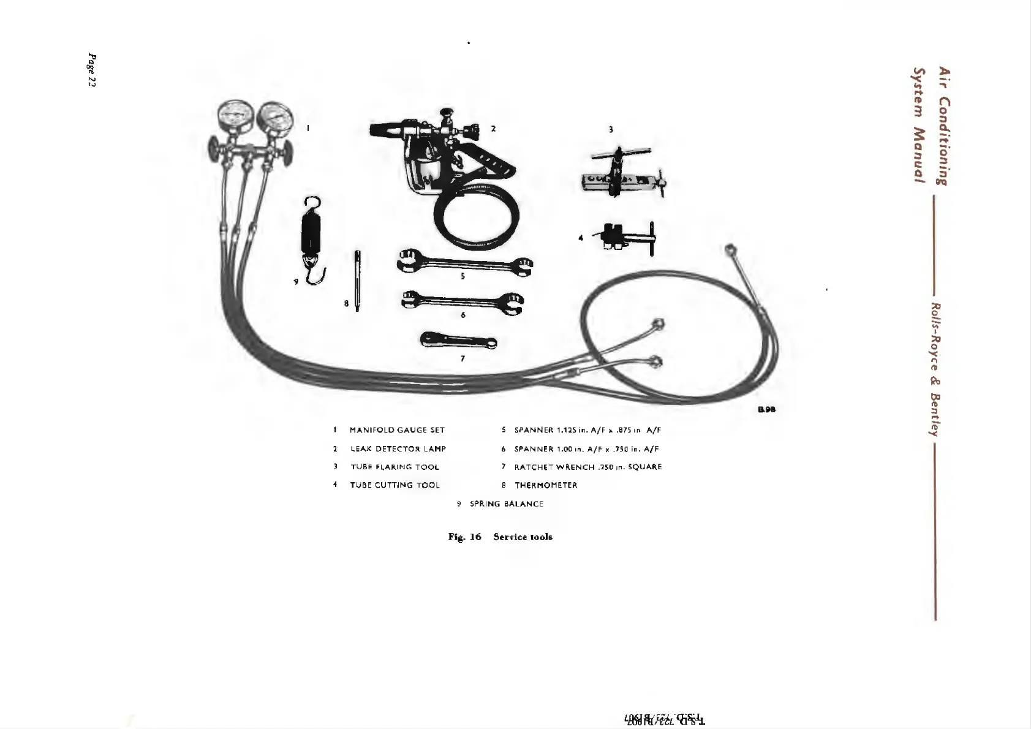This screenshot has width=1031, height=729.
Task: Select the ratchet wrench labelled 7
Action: pos(458,341)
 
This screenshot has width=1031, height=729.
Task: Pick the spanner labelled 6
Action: pos(463,300)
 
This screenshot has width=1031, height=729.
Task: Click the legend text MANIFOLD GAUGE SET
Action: pos(397,430)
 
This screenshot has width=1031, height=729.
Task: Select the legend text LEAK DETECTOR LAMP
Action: pos(398,449)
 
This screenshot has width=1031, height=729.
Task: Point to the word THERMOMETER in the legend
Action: pos(546,485)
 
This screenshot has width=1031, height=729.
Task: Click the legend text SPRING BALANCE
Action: pos(507,504)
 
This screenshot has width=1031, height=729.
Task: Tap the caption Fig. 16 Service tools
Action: pos(500,537)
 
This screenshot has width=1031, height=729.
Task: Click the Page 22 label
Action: pos(92,70)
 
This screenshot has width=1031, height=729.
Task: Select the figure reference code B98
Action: pos(766,410)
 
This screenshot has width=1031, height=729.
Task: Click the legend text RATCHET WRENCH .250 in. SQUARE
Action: pos(588,467)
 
